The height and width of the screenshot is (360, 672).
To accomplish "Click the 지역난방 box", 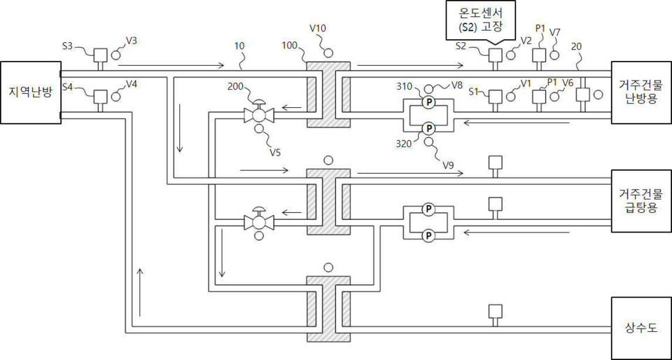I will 30,92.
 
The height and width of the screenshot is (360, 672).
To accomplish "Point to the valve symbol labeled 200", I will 259,114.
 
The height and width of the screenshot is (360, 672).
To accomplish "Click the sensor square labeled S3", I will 100,55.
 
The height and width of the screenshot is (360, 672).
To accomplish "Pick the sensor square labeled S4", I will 100,96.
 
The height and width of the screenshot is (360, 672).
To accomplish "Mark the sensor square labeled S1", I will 495,95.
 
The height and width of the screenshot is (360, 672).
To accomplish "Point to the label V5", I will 267,151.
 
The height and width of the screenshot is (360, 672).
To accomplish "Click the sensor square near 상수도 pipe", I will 495,310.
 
